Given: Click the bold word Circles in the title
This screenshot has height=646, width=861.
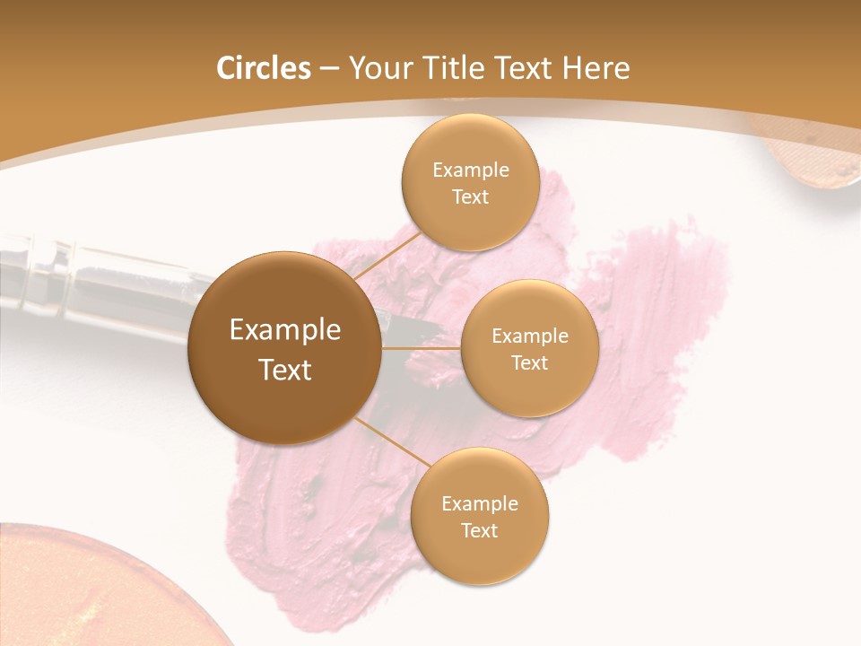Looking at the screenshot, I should pyautogui.click(x=263, y=68).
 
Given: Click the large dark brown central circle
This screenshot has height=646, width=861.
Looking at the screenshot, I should pyautogui.click(x=285, y=348).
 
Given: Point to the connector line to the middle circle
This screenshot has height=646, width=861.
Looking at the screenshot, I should pyautogui.click(x=422, y=348).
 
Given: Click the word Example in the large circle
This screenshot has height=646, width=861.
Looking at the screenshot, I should pyautogui.click(x=285, y=330).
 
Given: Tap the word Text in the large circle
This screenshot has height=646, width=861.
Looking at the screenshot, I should pyautogui.click(x=285, y=370).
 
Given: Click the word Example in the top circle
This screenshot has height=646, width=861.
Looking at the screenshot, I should pyautogui.click(x=470, y=170).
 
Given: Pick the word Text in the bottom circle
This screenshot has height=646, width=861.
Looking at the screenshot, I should pyautogui.click(x=479, y=531).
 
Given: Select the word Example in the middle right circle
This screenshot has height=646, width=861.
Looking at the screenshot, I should pyautogui.click(x=529, y=336).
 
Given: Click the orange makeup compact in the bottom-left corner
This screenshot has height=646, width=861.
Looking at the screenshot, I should pyautogui.click(x=81, y=592).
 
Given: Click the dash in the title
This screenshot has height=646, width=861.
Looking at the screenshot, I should pyautogui.click(x=329, y=69).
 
